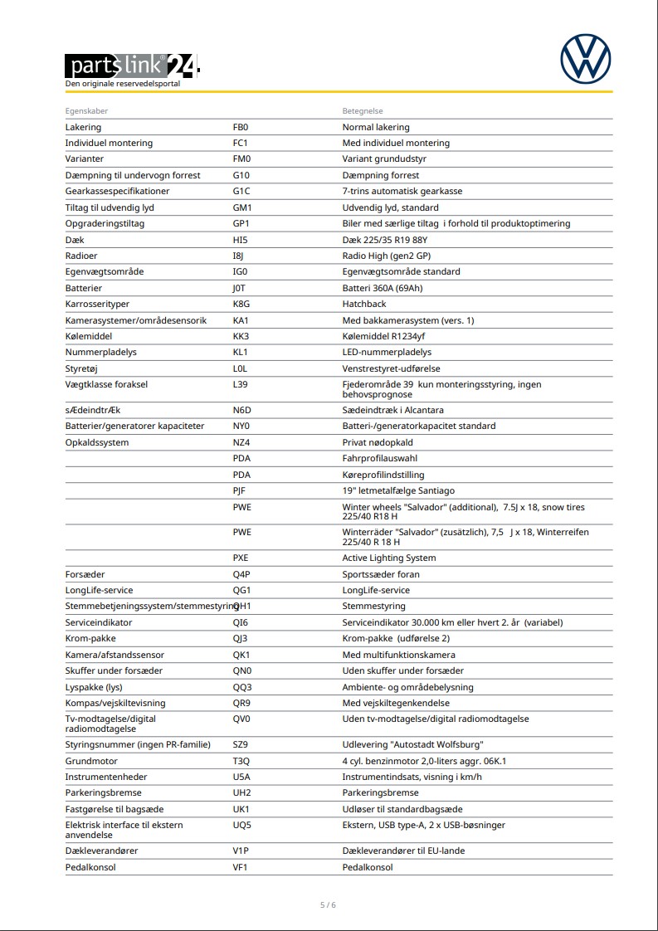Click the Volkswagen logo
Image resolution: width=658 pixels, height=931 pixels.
[x=585, y=59]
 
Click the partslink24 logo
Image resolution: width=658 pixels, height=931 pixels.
[x=133, y=65]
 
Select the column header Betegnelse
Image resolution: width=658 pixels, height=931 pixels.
[x=363, y=111]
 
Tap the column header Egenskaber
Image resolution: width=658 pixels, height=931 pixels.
[x=86, y=111]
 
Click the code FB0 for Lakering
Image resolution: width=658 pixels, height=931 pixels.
[x=241, y=127]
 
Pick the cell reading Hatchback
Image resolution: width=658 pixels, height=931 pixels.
[x=364, y=304]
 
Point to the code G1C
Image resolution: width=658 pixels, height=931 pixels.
[x=241, y=191]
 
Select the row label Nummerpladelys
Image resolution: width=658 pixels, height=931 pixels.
[x=101, y=352]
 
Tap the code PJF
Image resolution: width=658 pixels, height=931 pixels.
[x=240, y=490]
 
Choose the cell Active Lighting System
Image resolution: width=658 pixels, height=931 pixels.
[x=389, y=558]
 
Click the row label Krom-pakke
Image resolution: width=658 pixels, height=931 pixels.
[x=91, y=638]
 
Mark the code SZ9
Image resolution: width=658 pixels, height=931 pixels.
[x=241, y=744]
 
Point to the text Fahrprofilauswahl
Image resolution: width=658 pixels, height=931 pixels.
[x=380, y=458]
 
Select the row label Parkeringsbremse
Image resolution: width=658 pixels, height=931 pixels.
[x=104, y=792]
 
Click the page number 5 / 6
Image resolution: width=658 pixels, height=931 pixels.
[x=329, y=904]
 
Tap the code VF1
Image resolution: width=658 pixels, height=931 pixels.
[x=241, y=867]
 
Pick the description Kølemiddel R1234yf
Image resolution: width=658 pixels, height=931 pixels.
[x=384, y=336]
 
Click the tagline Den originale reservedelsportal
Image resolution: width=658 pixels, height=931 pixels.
[x=123, y=84]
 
